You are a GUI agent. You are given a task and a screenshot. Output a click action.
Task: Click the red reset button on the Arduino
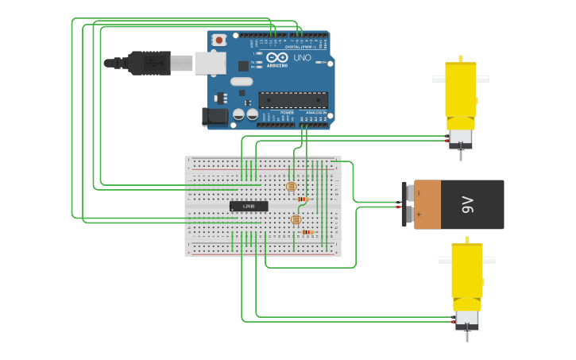[218, 39]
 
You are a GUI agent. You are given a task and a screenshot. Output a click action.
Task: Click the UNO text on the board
[303, 58]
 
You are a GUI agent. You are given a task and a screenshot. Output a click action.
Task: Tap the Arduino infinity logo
[277, 57]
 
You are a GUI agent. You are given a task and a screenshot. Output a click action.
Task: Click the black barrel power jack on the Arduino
[215, 117]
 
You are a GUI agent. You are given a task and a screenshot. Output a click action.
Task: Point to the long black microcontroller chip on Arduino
[292, 99]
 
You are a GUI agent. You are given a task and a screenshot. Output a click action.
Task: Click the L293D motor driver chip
[249, 206]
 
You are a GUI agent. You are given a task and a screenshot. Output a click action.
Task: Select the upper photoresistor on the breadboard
[291, 187]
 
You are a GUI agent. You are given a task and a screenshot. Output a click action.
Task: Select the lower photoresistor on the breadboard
[296, 219]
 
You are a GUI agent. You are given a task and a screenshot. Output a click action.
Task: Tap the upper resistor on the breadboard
[302, 199]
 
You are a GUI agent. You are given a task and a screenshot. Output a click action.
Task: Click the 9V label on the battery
[468, 204]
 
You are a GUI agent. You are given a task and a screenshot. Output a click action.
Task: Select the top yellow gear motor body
[461, 89]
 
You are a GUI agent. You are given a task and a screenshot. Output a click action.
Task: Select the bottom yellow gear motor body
[466, 270]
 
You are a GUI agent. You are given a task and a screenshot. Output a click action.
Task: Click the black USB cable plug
[148, 63]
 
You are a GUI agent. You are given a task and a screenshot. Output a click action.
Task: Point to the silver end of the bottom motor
[466, 319]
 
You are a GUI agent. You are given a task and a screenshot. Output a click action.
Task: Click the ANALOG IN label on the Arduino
[316, 113]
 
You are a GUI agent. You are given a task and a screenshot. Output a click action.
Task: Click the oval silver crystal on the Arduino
[242, 81]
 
